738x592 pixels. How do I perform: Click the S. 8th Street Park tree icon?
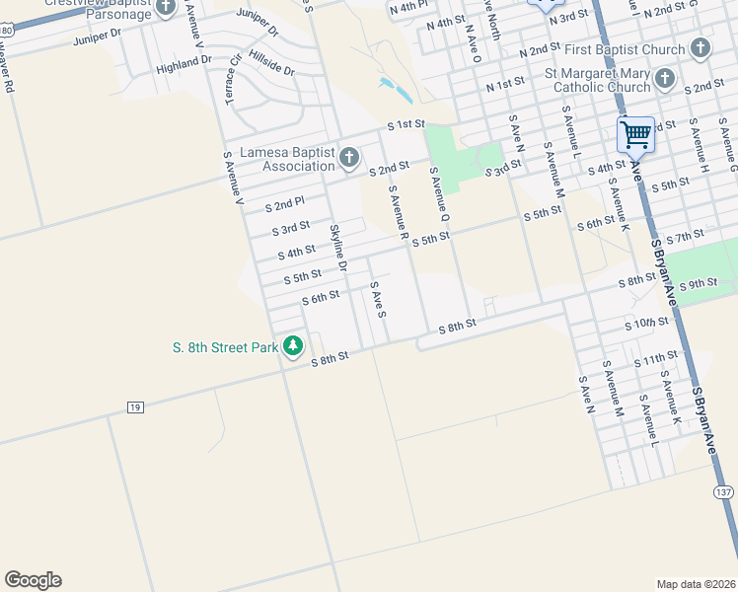click(x=293, y=346)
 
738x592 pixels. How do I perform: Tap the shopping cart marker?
click(x=636, y=133)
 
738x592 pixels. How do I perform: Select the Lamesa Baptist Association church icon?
click(x=348, y=158)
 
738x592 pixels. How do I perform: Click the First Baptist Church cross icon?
click(x=700, y=48)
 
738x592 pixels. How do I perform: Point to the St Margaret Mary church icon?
click(x=665, y=78)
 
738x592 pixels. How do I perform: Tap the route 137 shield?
click(x=724, y=492)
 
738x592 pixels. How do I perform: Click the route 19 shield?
click(x=136, y=407)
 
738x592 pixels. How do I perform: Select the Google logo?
click(x=33, y=580)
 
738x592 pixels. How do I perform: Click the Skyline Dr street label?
click(x=338, y=248)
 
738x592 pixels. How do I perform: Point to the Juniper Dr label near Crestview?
click(x=96, y=40)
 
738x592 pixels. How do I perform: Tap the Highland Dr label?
click(x=184, y=64)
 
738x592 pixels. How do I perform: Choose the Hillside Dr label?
click(x=272, y=63)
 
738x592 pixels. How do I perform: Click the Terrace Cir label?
click(x=232, y=83)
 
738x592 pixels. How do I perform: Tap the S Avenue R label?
click(x=399, y=214)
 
